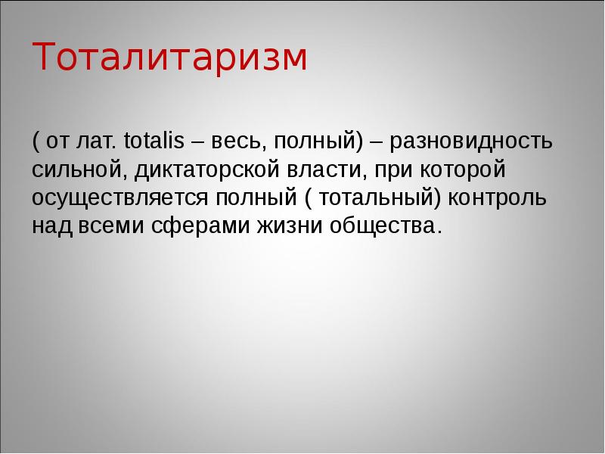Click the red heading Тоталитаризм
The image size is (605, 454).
pos(170,58)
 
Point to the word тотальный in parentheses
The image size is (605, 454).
pos(374,197)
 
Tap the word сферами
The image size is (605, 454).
pos(198,226)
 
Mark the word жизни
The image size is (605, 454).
pos(290,226)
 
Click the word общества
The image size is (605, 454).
pos(383,226)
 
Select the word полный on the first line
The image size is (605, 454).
pos(314,141)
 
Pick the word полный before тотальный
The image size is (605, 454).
pos(253,197)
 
